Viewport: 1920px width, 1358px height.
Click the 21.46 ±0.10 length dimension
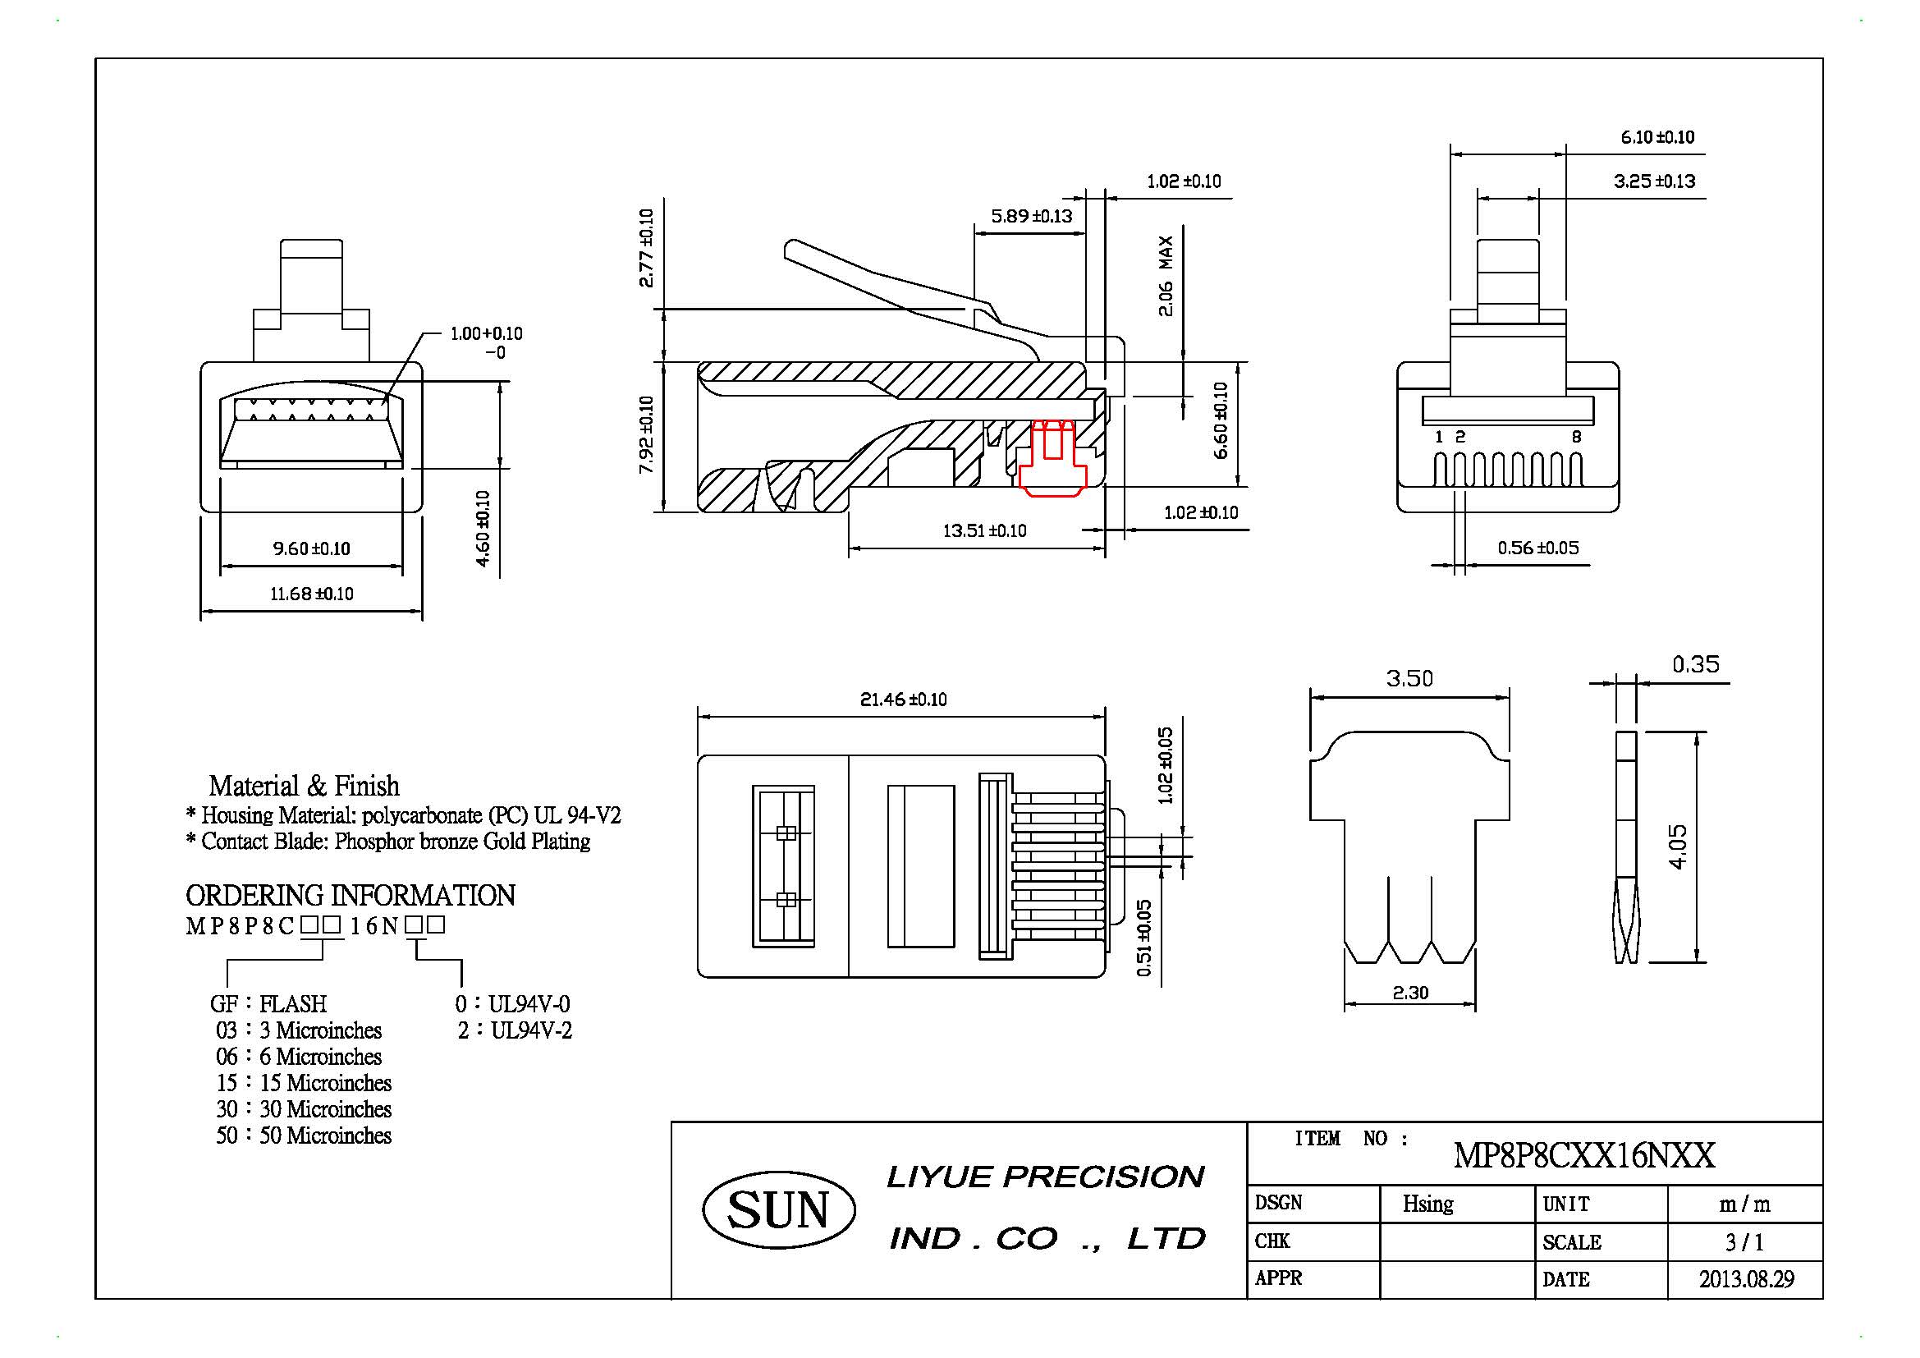click(903, 699)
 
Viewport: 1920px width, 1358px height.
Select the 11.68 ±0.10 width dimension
click(311, 594)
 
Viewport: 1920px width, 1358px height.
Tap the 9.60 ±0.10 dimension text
click(311, 548)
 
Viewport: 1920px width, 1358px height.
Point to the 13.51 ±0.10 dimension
click(984, 530)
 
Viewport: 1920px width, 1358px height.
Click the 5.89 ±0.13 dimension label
click(1031, 216)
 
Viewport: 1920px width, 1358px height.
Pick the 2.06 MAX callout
click(1166, 276)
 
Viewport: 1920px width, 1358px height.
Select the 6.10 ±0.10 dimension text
click(1657, 137)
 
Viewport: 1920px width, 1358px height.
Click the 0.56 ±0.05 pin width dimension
click(1537, 548)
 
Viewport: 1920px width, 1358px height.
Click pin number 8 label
click(1576, 437)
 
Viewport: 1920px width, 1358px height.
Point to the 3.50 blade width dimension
click(1409, 678)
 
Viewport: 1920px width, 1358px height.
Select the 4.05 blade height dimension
click(1678, 846)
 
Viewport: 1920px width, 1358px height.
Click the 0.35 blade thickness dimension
click(1695, 665)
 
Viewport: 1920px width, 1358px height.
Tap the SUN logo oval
click(778, 1210)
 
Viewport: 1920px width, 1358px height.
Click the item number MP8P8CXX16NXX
click(1583, 1156)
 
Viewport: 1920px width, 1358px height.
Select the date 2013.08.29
click(1746, 1279)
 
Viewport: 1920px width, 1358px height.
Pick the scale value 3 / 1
click(1744, 1241)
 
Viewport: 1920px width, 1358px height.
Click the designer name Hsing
click(1428, 1204)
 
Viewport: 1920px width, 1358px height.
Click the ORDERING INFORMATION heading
click(350, 896)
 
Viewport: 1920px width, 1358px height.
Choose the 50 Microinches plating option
click(304, 1135)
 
